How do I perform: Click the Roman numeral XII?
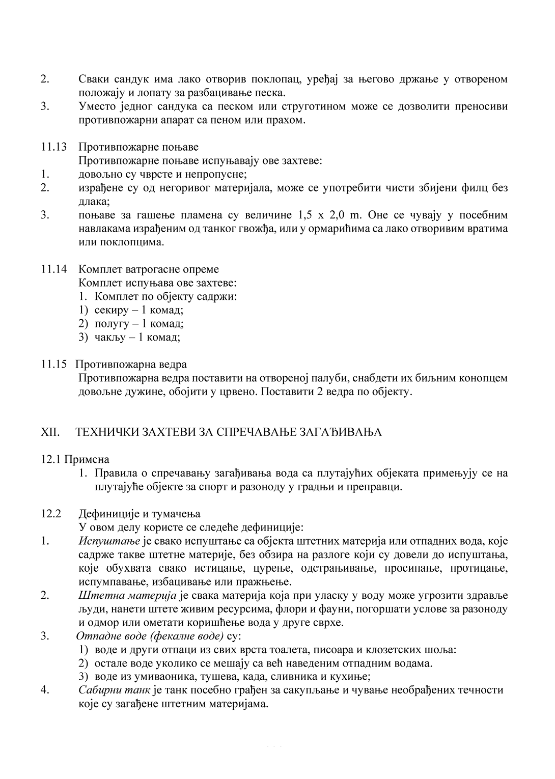[x=50, y=432]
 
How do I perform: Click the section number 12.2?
[x=51, y=513]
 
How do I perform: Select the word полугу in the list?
[x=110, y=324]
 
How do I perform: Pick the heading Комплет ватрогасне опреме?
[x=149, y=269]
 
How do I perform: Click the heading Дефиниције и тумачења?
[x=140, y=513]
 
